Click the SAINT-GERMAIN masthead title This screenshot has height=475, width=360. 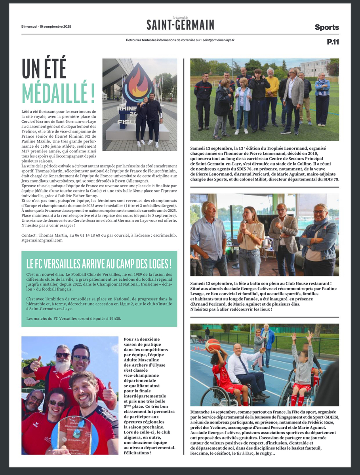[x=180, y=25]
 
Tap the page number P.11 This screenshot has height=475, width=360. [x=333, y=42]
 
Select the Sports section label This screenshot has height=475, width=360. [x=327, y=27]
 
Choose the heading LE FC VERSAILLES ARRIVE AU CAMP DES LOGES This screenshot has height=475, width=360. [x=99, y=263]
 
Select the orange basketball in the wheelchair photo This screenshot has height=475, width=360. [x=213, y=346]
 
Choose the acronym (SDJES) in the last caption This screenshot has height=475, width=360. [x=328, y=418]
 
